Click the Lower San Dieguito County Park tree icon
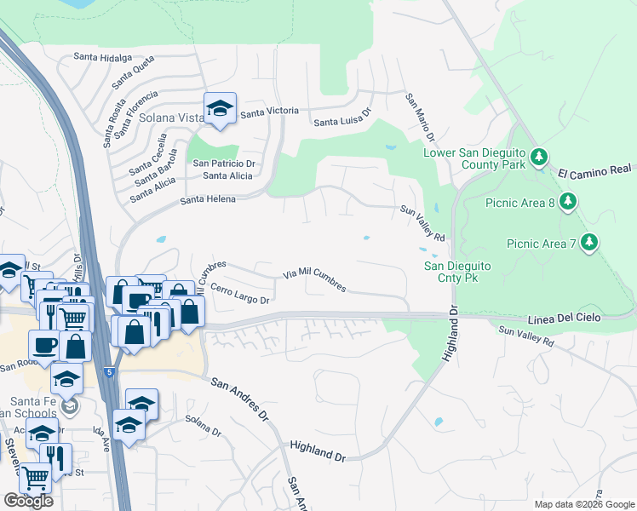[538, 157]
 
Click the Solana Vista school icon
[220, 108]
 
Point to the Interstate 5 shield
[108, 372]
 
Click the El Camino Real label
[596, 172]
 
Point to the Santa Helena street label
[208, 199]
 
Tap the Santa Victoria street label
[270, 112]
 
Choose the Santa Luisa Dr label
[344, 118]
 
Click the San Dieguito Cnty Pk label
[457, 272]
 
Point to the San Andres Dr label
[239, 399]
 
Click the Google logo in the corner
[28, 501]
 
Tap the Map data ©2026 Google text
[583, 504]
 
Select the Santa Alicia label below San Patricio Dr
[227, 175]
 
